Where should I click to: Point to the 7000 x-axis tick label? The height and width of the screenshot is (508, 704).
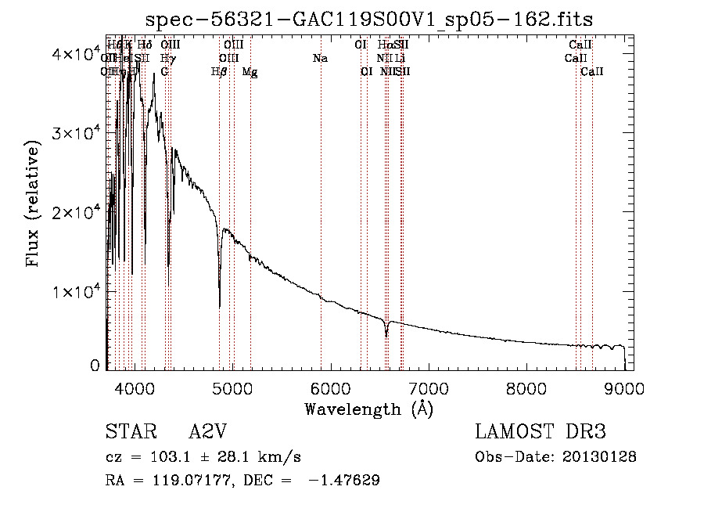tap(428, 387)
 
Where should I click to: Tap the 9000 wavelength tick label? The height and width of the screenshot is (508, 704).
tap(624, 387)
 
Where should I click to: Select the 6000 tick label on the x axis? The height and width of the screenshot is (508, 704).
tap(329, 387)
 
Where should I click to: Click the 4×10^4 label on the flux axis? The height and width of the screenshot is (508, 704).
tap(70, 54)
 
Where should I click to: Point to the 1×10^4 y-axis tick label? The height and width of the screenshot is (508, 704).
tap(70, 292)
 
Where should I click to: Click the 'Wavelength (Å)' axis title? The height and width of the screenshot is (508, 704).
tap(368, 408)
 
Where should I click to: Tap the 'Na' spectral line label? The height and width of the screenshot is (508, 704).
tap(319, 59)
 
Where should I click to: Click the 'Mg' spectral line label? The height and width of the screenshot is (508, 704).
tap(250, 72)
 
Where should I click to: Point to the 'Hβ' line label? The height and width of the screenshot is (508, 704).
tap(219, 72)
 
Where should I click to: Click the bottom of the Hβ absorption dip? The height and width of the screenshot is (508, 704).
tap(220, 305)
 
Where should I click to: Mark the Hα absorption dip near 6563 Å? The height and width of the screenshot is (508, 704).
tap(386, 335)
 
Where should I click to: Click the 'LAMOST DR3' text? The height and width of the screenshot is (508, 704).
tap(540, 433)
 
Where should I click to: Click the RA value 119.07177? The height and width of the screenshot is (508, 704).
tap(174, 481)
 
